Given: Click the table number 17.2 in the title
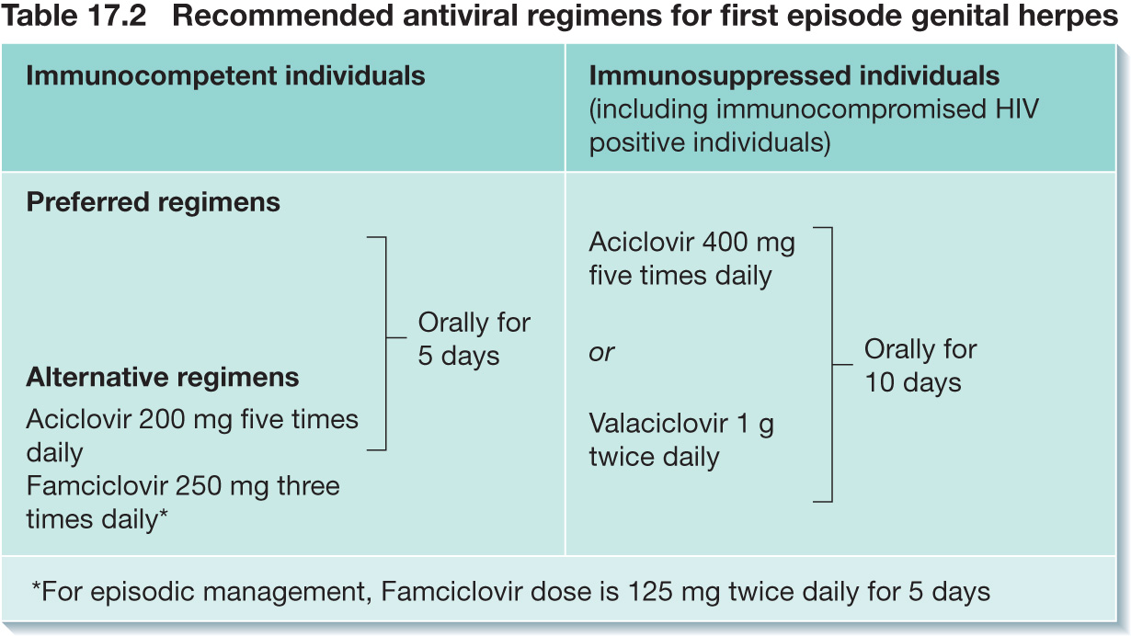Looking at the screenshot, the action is tap(117, 16).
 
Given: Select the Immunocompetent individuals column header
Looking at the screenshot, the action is tap(225, 76).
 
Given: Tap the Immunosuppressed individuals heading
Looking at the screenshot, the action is tap(794, 76).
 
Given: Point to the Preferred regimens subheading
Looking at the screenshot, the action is tap(153, 203).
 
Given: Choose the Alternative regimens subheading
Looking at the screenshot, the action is tap(163, 377).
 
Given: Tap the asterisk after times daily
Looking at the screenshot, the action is tap(163, 515).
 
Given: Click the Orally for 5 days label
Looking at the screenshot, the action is tap(474, 339).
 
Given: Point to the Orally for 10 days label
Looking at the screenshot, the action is tap(920, 366).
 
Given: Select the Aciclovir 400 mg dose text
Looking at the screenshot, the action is tap(691, 258).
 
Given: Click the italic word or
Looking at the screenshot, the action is tap(601, 352).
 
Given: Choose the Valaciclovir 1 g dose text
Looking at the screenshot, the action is tap(681, 440).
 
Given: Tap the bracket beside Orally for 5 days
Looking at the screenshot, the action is tap(386, 343).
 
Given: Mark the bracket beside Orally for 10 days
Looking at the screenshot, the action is tap(832, 365).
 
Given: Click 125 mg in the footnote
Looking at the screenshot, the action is tap(674, 592).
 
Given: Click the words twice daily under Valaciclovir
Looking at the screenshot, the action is tap(655, 458).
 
